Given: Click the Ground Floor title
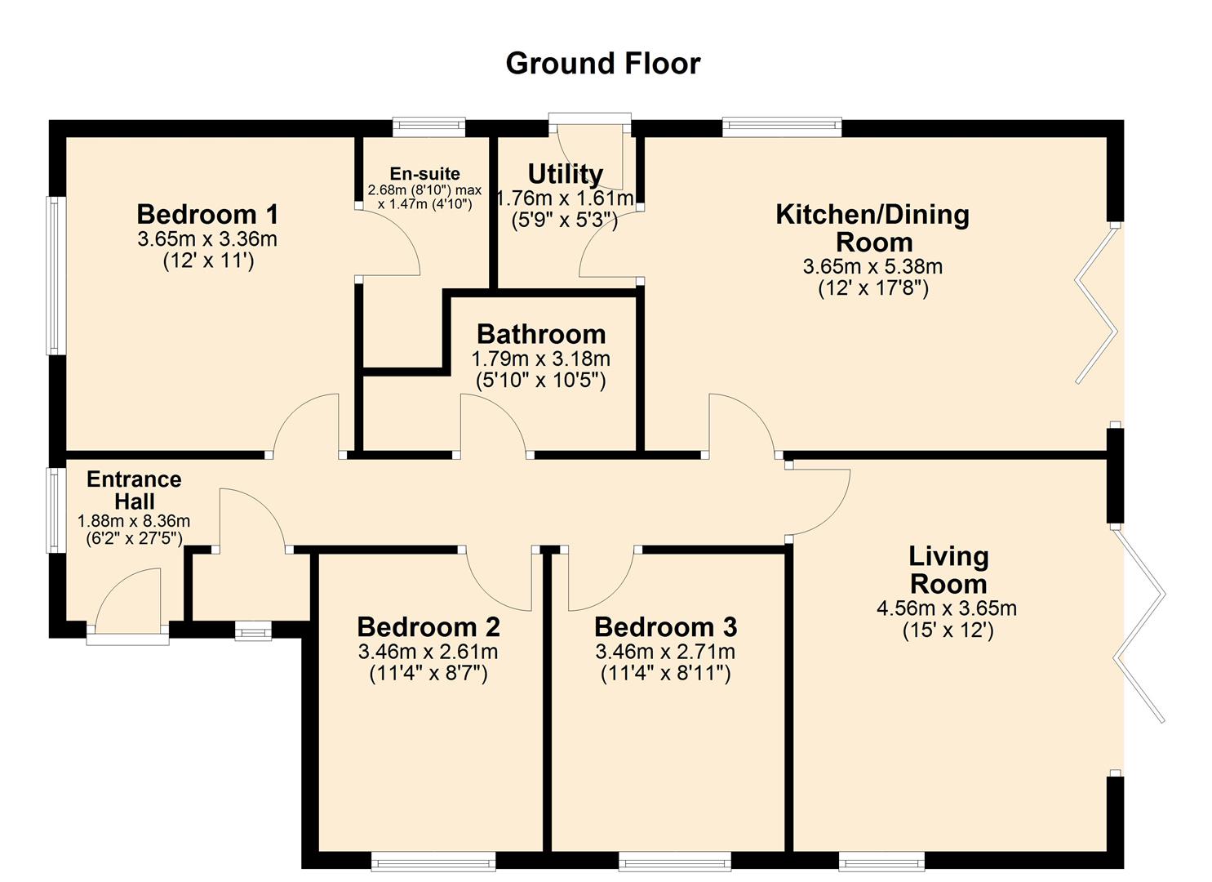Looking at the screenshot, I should tap(602, 63).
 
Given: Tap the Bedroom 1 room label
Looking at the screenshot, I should tap(207, 214).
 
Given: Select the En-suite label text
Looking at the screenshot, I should tap(424, 174).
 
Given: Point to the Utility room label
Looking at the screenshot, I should tap(565, 174).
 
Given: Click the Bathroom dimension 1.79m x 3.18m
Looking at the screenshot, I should tap(540, 359).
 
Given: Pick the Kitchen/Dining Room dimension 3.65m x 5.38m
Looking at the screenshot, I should tap(872, 266).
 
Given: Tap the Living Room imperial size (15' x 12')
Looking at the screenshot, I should tap(948, 630).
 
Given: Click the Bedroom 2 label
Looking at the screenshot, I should tap(428, 627).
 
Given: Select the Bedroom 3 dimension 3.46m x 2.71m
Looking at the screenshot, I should tap(665, 652).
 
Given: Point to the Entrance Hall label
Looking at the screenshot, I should tap(134, 490).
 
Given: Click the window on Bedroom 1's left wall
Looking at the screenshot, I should tap(54, 275).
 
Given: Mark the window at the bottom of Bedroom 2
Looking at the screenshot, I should tap(433, 861).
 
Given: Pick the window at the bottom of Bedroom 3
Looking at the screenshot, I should tap(674, 861).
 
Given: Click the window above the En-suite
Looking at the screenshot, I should tap(428, 127).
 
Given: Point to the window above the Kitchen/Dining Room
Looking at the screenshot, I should tap(781, 127).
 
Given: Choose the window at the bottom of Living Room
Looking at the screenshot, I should tap(881, 861).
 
